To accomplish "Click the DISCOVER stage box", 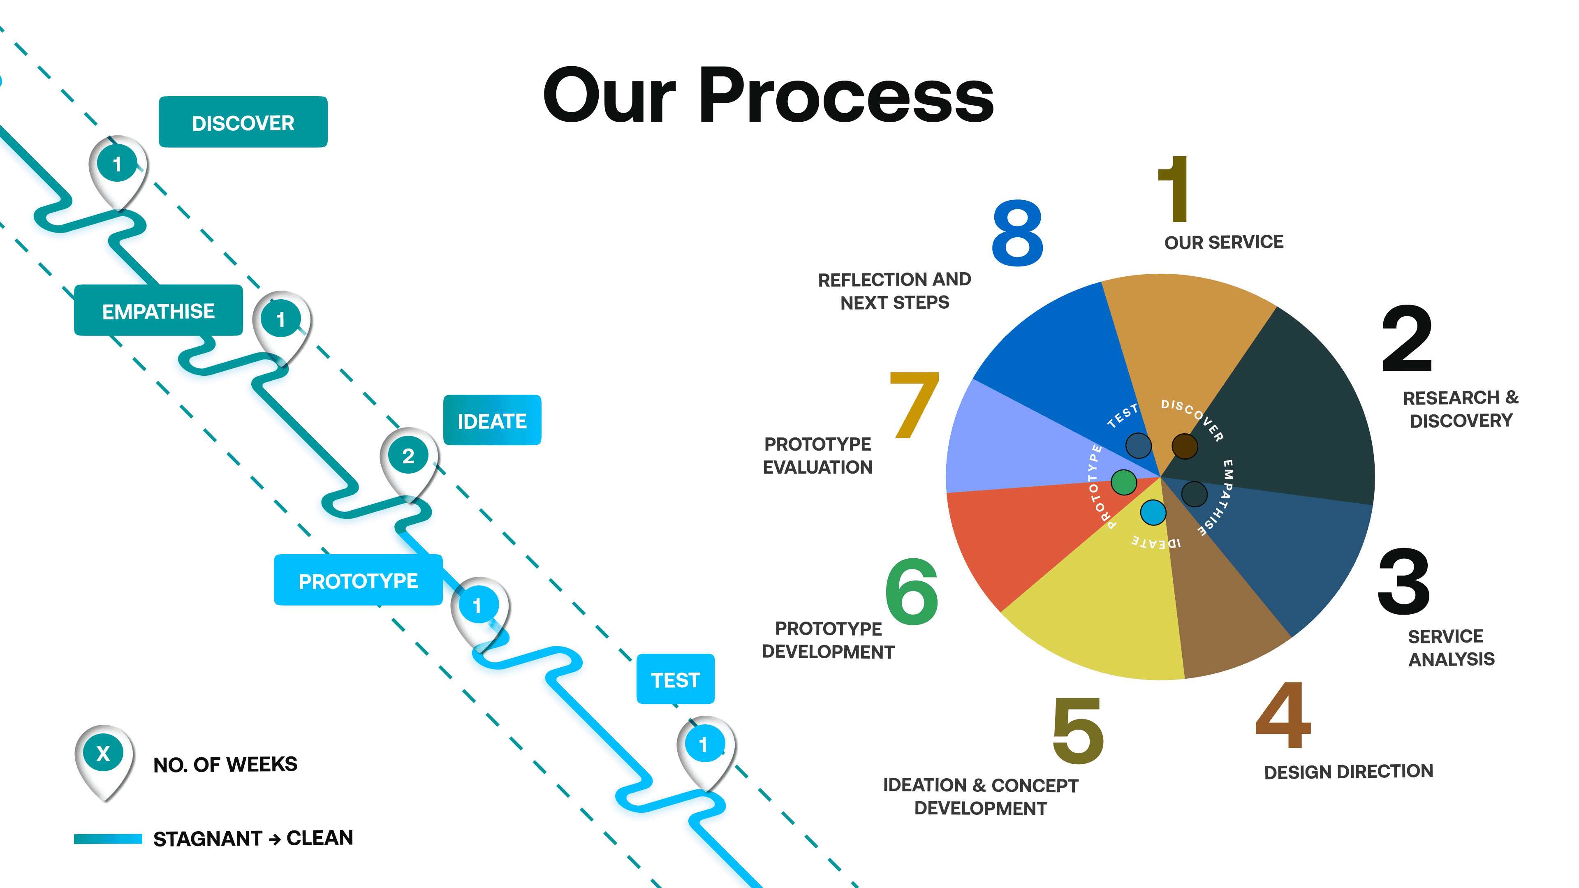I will coord(243,122).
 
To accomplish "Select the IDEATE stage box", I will coord(492,421).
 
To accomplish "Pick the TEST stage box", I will coord(676,679).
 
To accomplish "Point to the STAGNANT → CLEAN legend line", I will coord(108,838).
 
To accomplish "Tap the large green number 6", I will coord(912,592).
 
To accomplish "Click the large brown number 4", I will coord(1283,715).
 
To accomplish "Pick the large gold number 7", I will coord(914,405).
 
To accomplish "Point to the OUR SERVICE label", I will coord(1223,242).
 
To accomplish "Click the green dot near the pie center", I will coord(1123,482).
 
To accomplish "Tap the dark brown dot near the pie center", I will coord(1184,446).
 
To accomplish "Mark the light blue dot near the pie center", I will coord(1153,512).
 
